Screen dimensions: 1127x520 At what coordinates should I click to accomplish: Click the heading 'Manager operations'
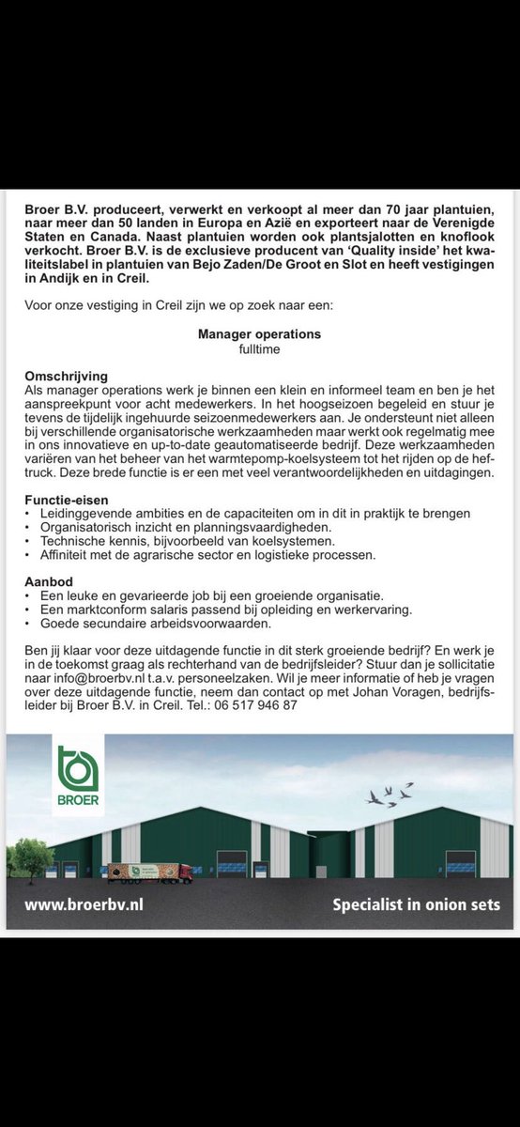[x=259, y=333]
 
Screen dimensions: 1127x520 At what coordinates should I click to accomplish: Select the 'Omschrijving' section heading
[x=66, y=376]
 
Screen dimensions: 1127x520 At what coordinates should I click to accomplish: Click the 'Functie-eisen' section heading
[x=67, y=500]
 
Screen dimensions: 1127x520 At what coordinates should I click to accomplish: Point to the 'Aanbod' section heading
[x=48, y=582]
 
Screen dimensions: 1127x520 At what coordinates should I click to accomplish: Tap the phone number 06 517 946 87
[x=256, y=704]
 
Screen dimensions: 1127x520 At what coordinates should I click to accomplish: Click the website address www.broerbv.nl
[x=84, y=905]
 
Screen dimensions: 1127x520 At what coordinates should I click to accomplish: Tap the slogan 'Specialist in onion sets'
[x=417, y=905]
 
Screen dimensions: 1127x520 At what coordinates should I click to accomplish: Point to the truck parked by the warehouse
[x=150, y=872]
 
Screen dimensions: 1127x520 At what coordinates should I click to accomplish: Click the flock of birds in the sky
[x=390, y=795]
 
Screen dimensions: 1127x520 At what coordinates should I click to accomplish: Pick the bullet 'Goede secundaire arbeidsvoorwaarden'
[x=156, y=623]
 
